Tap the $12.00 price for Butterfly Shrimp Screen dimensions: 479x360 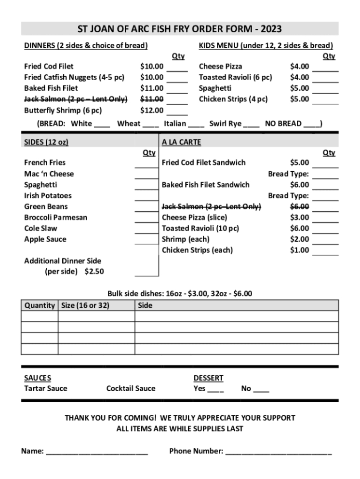pyautogui.click(x=152, y=110)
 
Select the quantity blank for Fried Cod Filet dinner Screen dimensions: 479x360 pyautogui.click(x=177, y=68)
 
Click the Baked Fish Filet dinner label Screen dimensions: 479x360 pyautogui.click(x=51, y=88)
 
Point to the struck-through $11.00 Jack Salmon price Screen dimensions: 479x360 pyautogui.click(x=152, y=99)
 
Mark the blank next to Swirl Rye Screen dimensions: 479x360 pyautogui.click(x=251, y=124)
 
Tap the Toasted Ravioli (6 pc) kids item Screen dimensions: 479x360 pyautogui.click(x=235, y=77)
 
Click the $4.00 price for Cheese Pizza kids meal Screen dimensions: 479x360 pyautogui.click(x=299, y=66)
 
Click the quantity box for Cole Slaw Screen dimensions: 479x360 pyautogui.click(x=146, y=229)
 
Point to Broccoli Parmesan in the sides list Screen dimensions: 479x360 pyautogui.click(x=56, y=218)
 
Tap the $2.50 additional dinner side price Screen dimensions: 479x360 pyautogui.click(x=94, y=272)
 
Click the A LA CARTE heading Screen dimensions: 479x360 pyautogui.click(x=181, y=142)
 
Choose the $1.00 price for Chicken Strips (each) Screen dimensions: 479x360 pyautogui.click(x=299, y=250)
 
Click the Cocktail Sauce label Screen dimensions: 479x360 pyautogui.click(x=131, y=388)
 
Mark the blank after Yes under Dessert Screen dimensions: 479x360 pyautogui.click(x=215, y=389)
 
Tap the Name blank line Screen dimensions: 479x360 pyautogui.click(x=96, y=452)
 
